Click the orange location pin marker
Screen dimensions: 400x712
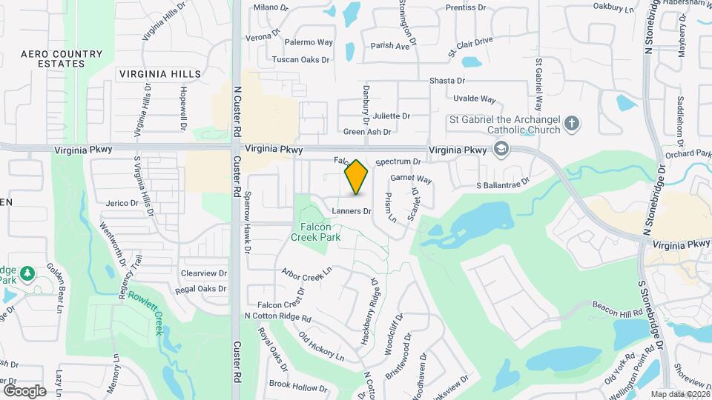[x=356, y=177]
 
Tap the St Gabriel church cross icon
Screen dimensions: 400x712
[x=571, y=124]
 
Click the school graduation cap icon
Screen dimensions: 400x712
[x=501, y=150]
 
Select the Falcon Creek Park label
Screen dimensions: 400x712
[x=320, y=232]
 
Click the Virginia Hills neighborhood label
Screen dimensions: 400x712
[x=159, y=74]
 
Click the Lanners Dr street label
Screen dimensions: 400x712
[x=351, y=211]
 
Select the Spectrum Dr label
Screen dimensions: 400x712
[x=398, y=161]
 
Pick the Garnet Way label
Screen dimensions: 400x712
[x=411, y=179]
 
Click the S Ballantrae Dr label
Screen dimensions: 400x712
[x=503, y=182]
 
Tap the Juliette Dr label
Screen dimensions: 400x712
[x=392, y=116]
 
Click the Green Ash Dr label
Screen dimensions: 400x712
[x=367, y=132]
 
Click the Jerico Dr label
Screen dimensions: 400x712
[x=122, y=203]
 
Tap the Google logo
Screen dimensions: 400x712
[x=24, y=390]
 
